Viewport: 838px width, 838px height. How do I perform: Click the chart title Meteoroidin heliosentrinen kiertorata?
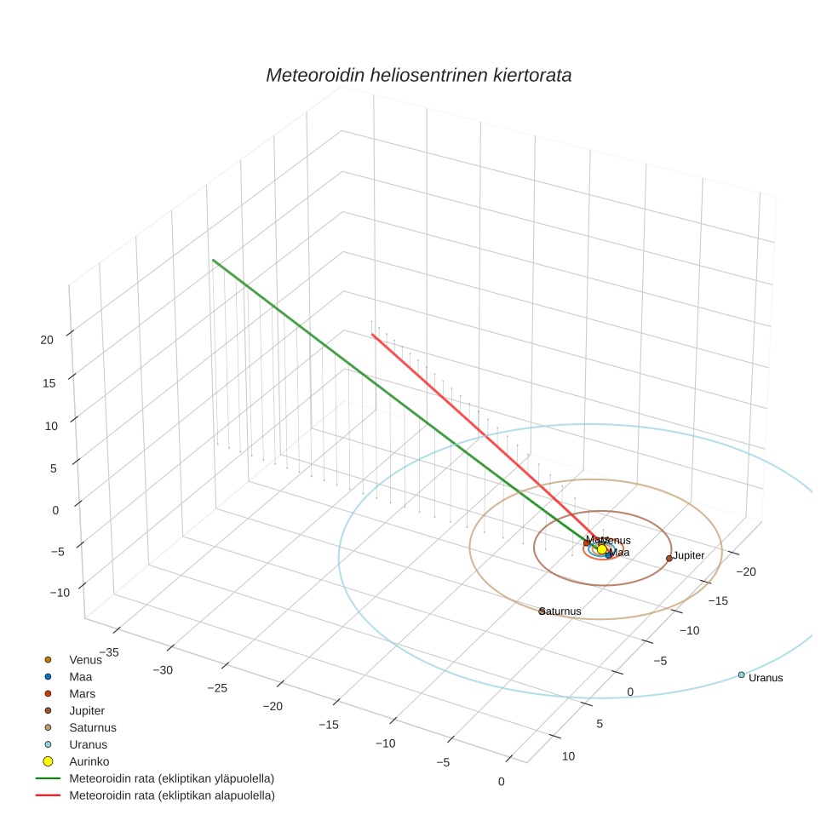418,75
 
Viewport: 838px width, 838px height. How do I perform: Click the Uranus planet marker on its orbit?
741,674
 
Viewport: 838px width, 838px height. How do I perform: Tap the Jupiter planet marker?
669,559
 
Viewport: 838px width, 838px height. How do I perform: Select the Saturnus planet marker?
542,611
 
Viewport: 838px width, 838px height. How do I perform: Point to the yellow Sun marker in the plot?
602,549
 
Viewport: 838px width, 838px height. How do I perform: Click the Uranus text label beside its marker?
766,678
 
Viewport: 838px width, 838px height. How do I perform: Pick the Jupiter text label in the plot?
689,555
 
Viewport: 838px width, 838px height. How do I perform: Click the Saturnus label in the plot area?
561,611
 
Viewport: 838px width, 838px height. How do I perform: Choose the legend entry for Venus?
85,659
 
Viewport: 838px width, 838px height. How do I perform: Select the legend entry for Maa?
82,676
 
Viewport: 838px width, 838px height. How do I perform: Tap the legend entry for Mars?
83,693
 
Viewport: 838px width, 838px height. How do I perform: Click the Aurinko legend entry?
89,761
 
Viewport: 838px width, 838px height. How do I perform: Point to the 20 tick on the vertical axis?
47,339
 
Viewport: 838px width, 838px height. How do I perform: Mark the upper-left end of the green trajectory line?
213,260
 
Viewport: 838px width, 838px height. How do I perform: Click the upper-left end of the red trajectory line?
372,335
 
